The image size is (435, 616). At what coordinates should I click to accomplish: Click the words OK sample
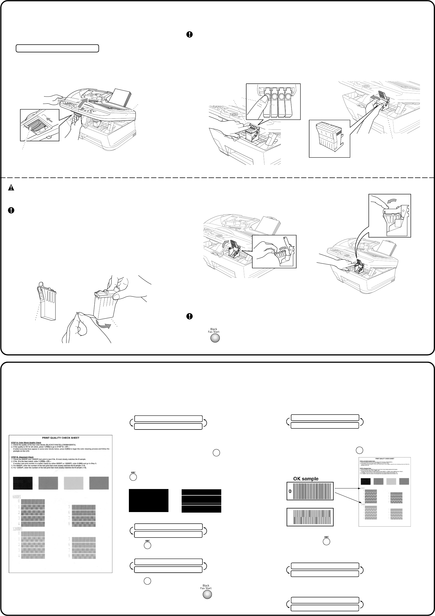tap(306, 479)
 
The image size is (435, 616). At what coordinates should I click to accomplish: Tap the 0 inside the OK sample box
tap(290, 491)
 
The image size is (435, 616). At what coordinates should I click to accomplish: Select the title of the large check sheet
tap(60, 437)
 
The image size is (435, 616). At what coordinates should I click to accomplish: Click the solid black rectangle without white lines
tap(148, 500)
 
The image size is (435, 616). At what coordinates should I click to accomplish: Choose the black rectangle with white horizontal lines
tap(201, 501)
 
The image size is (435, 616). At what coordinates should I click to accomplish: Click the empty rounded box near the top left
tap(57, 49)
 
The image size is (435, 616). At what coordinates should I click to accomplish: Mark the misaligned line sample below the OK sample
tap(310, 517)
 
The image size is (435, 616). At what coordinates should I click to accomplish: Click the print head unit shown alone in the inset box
tap(329, 138)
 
